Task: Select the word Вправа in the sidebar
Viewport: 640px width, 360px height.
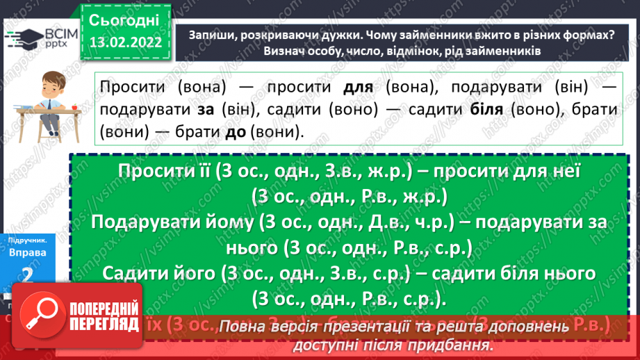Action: click(x=28, y=253)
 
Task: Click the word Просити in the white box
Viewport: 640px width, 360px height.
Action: click(x=136, y=88)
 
